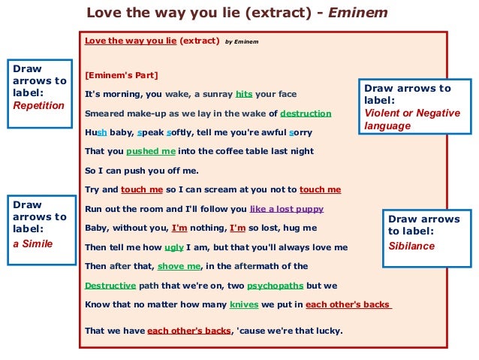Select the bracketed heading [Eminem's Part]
[121, 75]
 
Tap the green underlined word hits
[244, 95]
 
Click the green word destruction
[306, 113]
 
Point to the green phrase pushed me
[153, 151]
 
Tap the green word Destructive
[110, 286]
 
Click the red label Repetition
[39, 106]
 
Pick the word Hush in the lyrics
[96, 132]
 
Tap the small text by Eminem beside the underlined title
[241, 42]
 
